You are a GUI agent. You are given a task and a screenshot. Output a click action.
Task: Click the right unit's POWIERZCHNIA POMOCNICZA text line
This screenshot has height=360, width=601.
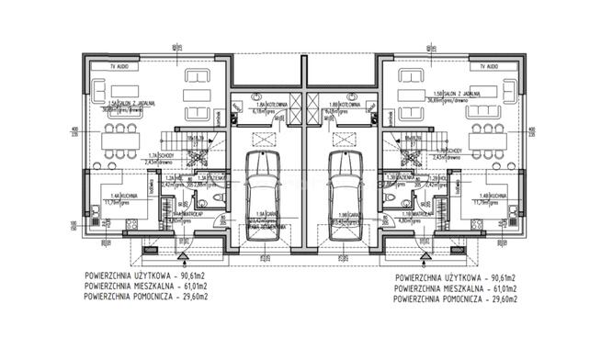click(456, 298)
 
